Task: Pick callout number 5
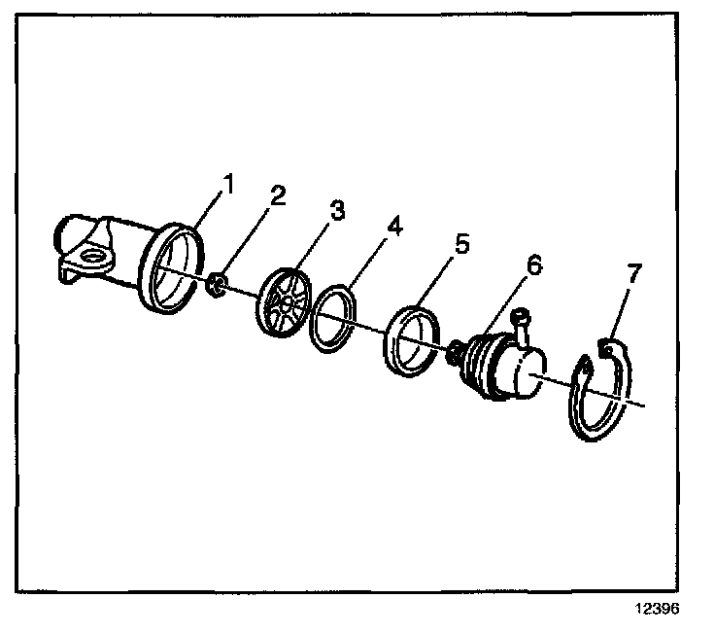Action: point(461,243)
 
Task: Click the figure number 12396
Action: point(659,612)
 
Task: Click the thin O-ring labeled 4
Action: point(333,317)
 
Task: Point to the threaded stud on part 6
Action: point(453,353)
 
